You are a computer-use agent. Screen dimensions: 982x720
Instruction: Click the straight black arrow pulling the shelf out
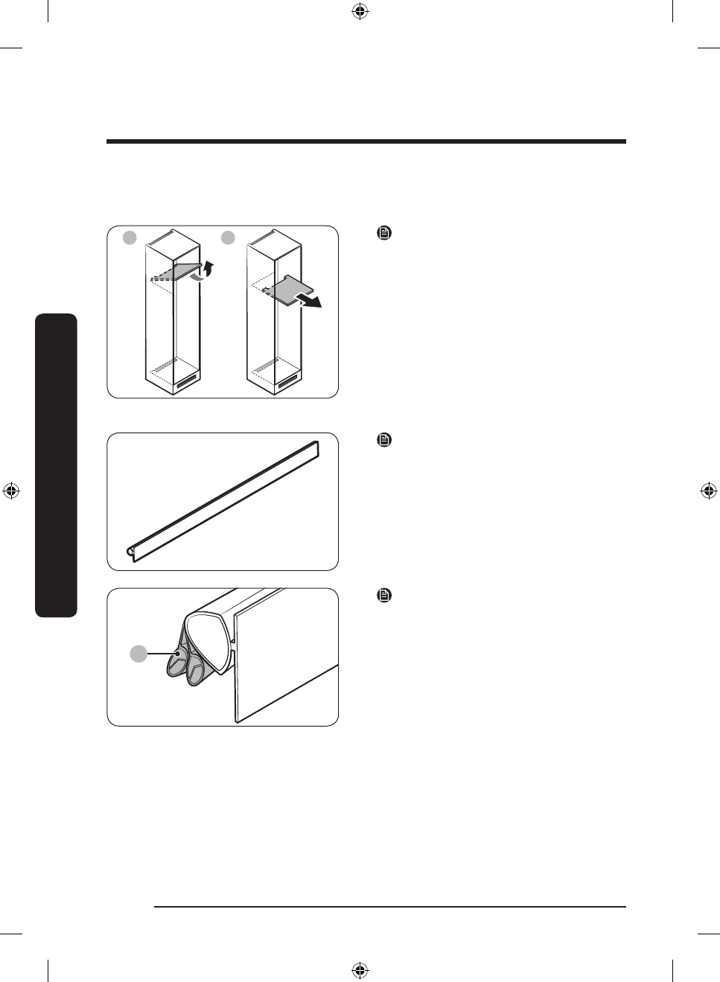(310, 300)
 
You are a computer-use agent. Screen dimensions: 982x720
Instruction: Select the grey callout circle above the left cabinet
(130, 237)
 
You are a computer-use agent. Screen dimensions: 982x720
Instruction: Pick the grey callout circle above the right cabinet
(228, 237)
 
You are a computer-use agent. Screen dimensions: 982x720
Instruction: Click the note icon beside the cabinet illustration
(384, 233)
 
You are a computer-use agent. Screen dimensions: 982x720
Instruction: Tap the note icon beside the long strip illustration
(384, 440)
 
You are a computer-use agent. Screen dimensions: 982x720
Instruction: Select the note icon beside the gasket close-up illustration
(384, 596)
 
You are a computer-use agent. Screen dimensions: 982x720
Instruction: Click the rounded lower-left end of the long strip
(132, 552)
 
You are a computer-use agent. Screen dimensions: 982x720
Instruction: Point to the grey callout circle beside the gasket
(138, 654)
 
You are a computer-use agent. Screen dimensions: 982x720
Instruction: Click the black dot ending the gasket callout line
(177, 655)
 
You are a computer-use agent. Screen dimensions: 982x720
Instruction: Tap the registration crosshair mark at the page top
(360, 11)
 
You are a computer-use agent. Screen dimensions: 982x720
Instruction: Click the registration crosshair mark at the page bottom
(360, 970)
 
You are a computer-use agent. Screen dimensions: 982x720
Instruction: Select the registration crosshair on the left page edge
(10, 491)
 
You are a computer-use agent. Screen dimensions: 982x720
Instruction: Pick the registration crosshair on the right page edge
(709, 491)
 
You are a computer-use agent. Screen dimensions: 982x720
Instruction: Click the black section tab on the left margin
(56, 465)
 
